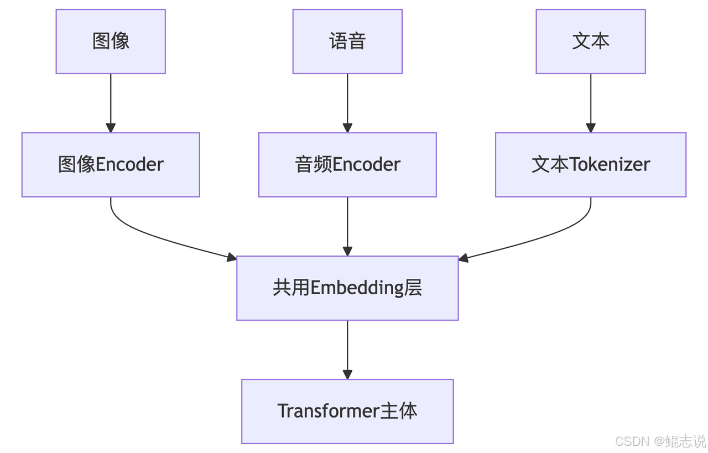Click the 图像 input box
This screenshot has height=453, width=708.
(111, 41)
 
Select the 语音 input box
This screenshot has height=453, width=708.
(347, 41)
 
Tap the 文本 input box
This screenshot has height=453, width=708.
(590, 41)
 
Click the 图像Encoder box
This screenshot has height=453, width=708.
(111, 165)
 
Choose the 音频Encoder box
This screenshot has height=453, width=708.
(347, 165)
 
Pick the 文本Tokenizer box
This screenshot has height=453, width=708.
(590, 165)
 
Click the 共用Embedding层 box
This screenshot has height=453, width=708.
(347, 288)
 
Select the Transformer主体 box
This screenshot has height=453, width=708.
(347, 412)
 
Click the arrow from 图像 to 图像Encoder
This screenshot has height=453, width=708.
(111, 103)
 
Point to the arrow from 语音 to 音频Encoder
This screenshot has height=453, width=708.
(347, 103)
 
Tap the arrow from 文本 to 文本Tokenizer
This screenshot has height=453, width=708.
(590, 103)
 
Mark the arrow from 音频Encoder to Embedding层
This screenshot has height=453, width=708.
(347, 227)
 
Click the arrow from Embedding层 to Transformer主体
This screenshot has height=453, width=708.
(347, 350)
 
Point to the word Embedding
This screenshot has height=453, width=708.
(357, 288)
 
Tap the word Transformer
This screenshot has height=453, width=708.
(328, 411)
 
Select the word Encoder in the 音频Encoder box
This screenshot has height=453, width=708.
(366, 164)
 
